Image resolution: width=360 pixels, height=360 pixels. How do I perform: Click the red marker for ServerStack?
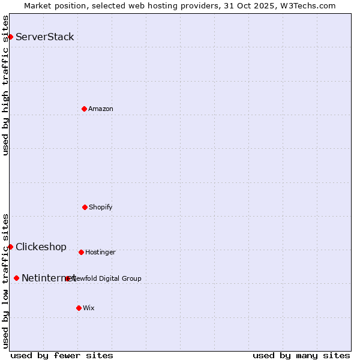point(10,37)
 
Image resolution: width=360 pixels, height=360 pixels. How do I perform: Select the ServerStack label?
point(45,37)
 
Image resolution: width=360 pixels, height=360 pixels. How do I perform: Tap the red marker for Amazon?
point(84,109)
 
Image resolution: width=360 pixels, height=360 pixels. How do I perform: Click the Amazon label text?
point(101,109)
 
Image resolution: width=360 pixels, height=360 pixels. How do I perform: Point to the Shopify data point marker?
point(85,207)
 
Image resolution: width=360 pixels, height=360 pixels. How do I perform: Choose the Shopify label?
point(101,208)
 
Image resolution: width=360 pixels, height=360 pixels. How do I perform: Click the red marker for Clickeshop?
point(10,247)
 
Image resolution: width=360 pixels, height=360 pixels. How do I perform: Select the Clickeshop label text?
point(41,247)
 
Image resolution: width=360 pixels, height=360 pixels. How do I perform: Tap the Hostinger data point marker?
point(81,252)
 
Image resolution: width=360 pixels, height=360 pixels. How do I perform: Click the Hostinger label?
point(100,253)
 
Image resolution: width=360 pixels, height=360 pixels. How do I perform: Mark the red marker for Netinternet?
point(16,278)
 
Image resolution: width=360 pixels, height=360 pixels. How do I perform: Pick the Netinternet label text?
point(48,278)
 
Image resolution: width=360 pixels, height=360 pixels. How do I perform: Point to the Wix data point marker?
point(79,308)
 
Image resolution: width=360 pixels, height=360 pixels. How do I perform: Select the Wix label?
point(89,308)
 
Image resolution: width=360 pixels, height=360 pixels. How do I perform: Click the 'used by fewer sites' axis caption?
point(62,355)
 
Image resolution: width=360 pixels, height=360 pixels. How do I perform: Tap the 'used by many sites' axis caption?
point(301,355)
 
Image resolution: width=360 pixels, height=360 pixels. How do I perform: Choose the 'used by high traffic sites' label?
point(6,85)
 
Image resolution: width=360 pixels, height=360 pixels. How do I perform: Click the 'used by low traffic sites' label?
point(6,280)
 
